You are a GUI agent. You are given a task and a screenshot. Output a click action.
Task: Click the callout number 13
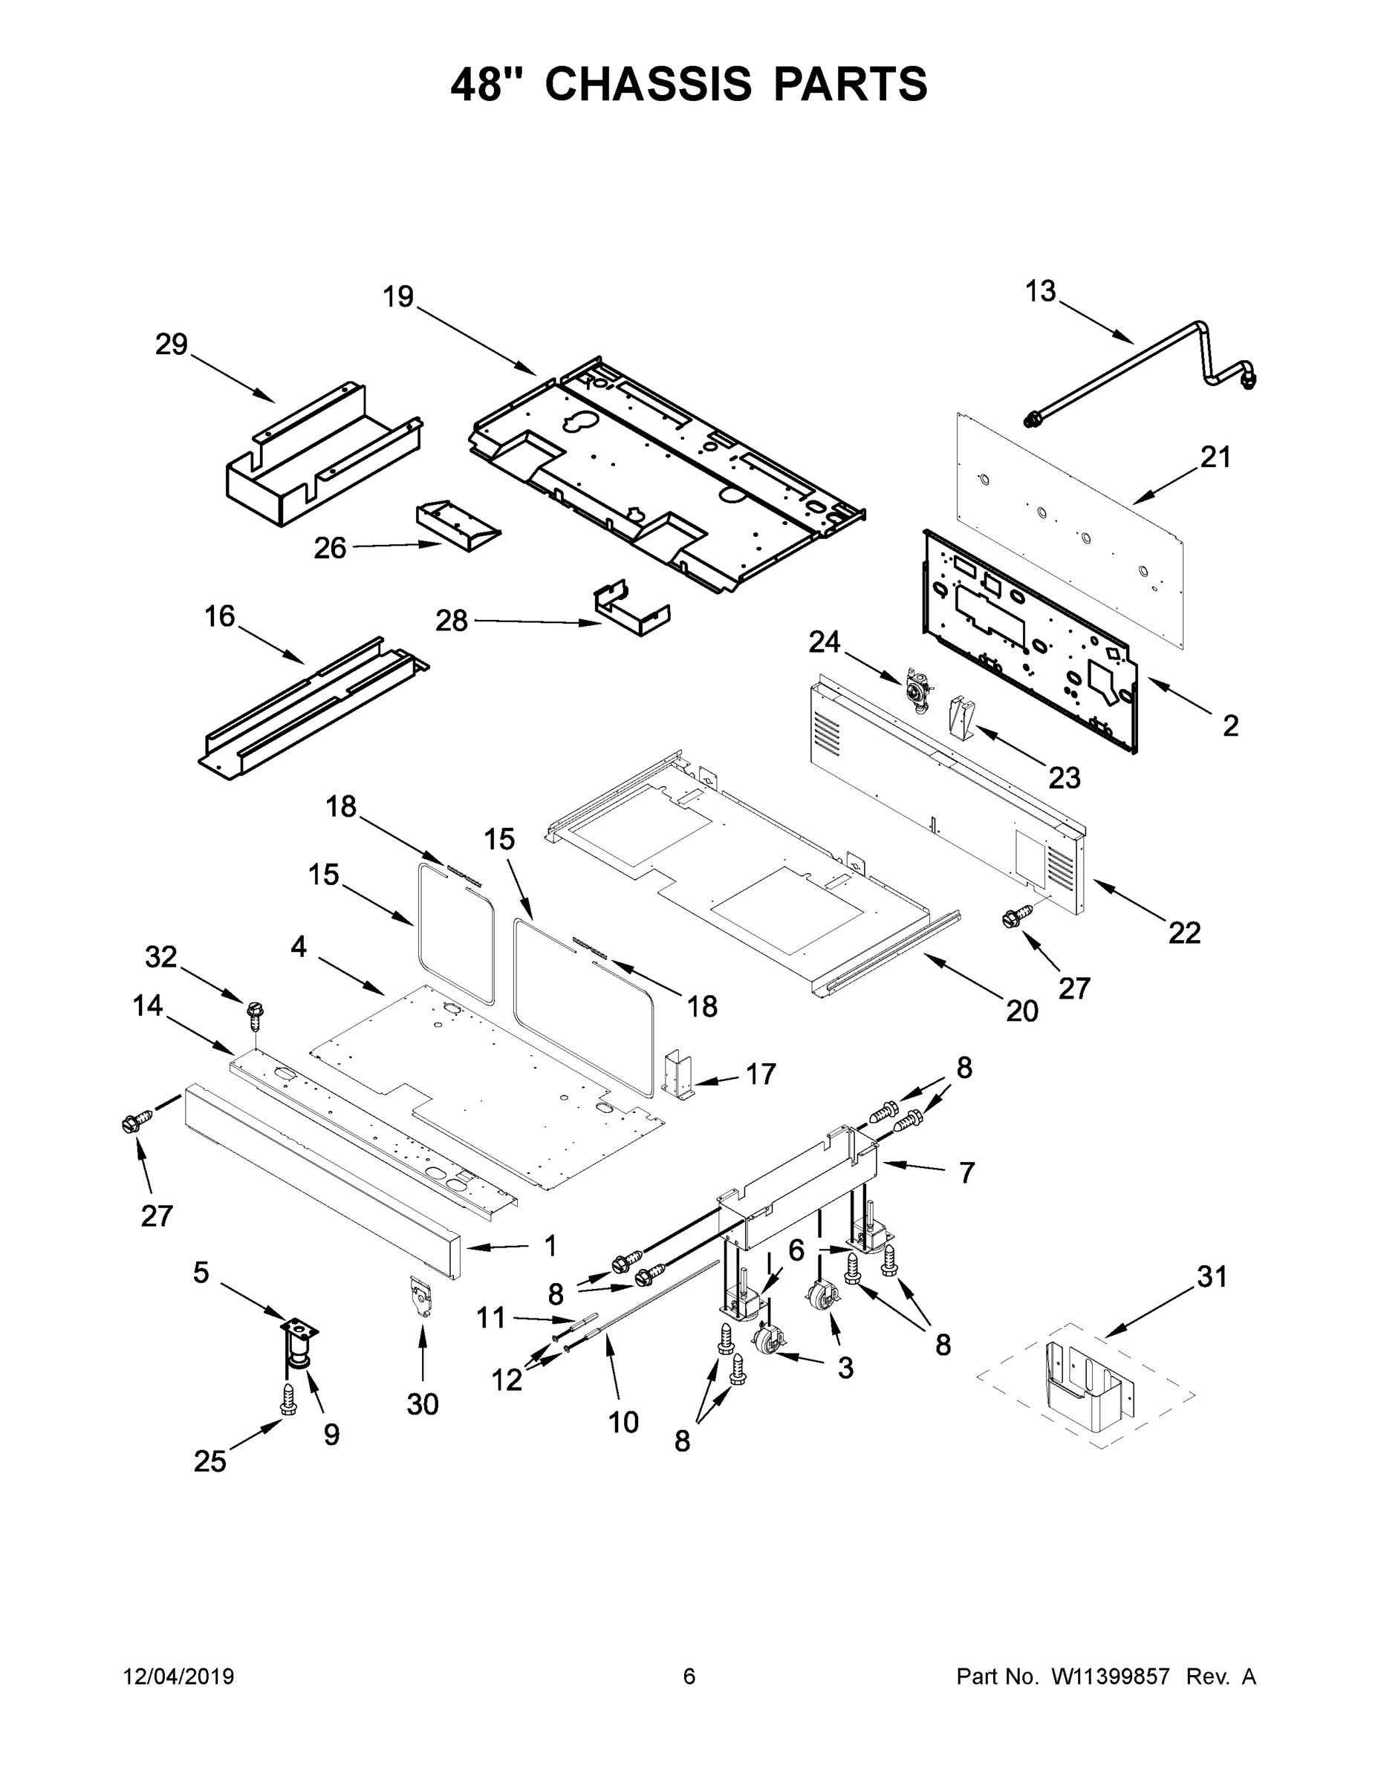[1040, 291]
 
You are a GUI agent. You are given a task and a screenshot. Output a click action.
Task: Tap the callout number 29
[172, 345]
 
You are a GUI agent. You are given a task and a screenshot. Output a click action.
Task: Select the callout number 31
[1212, 1276]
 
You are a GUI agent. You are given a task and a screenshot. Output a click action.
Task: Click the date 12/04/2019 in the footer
[179, 1676]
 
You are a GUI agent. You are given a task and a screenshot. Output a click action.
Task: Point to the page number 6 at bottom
[689, 1676]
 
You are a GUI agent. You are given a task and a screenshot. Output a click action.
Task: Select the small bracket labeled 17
[678, 1077]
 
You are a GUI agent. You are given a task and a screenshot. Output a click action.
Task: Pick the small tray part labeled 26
[457, 526]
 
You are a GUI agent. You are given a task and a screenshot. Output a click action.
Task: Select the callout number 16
[220, 616]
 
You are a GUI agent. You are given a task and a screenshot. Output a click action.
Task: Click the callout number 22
[1183, 932]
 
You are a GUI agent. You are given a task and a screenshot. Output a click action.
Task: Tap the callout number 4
[299, 947]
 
